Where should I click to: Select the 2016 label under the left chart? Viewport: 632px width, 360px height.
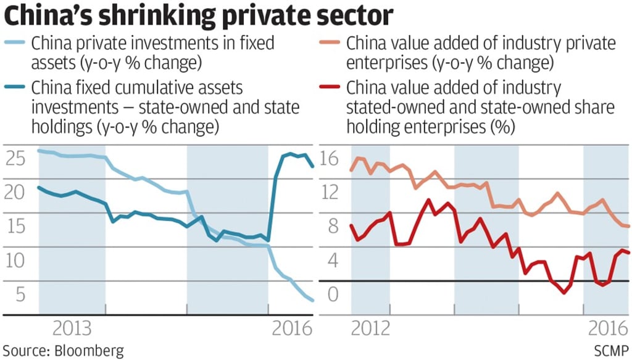tap(291, 327)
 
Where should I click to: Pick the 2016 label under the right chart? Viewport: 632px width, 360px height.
tap(607, 327)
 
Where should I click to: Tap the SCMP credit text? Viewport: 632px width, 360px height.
tap(611, 351)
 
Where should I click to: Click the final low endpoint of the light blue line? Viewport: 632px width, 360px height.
tap(312, 301)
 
